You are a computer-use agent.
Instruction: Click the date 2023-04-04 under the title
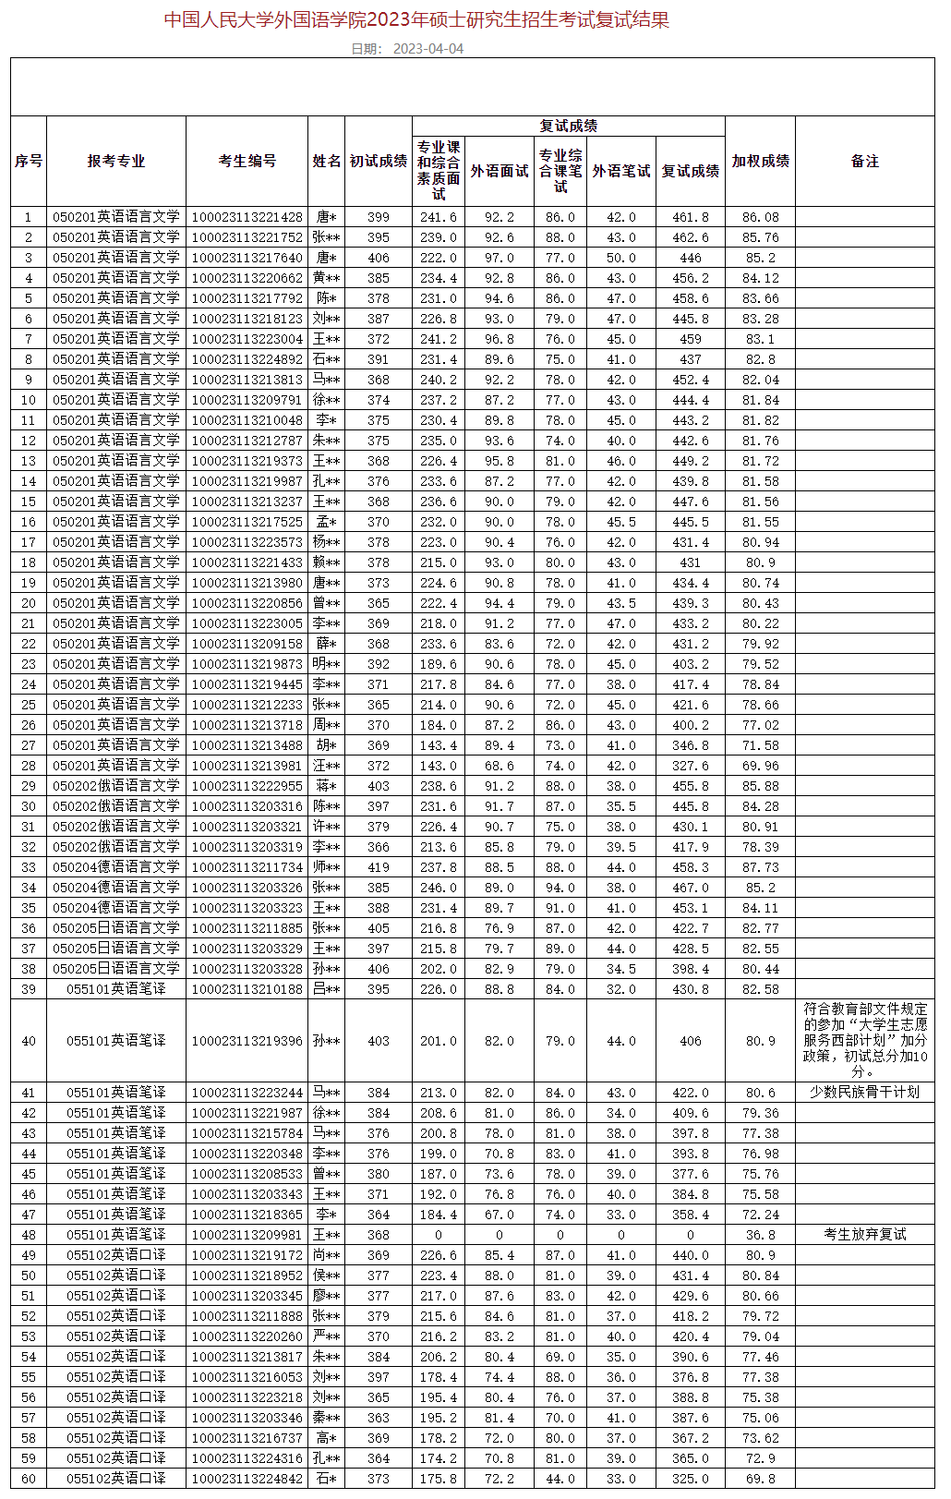pos(427,49)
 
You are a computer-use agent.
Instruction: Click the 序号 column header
pos(29,161)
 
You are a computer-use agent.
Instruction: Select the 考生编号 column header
pos(247,161)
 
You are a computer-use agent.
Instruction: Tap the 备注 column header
pos(864,161)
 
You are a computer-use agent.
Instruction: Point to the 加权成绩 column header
pos(760,161)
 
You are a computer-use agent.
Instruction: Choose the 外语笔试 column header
pos(621,171)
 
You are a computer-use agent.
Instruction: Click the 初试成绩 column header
pos(379,161)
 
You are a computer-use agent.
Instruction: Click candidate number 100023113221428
pos(247,217)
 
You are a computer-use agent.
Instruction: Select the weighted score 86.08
pos(760,217)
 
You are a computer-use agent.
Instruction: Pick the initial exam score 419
pos(379,867)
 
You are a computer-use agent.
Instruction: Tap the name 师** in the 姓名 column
pos(326,867)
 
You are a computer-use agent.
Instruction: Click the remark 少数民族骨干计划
pos(864,1092)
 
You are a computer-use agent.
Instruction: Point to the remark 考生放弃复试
pos(864,1234)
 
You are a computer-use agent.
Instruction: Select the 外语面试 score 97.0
pos(500,258)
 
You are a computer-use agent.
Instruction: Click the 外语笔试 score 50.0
pos(621,258)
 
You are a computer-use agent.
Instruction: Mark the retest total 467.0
pos(691,888)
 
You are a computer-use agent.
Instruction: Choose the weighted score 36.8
pos(760,1234)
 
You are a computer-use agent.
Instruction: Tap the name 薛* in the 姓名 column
pos(326,644)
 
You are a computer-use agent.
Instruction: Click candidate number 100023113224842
pos(247,1478)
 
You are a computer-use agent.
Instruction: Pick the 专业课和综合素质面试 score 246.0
pos(439,888)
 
